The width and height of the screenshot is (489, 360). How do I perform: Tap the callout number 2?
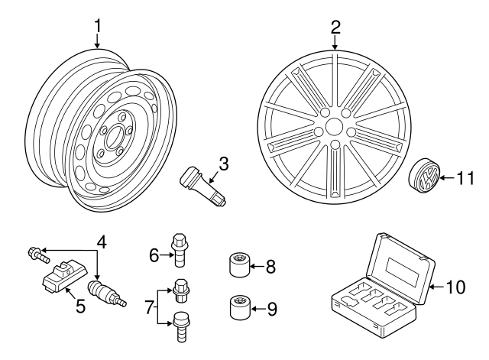point(335,28)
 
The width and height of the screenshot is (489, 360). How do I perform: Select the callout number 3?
point(223,163)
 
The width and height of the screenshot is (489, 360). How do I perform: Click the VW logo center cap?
point(426,178)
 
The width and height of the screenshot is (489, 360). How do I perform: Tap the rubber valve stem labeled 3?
point(199,186)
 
